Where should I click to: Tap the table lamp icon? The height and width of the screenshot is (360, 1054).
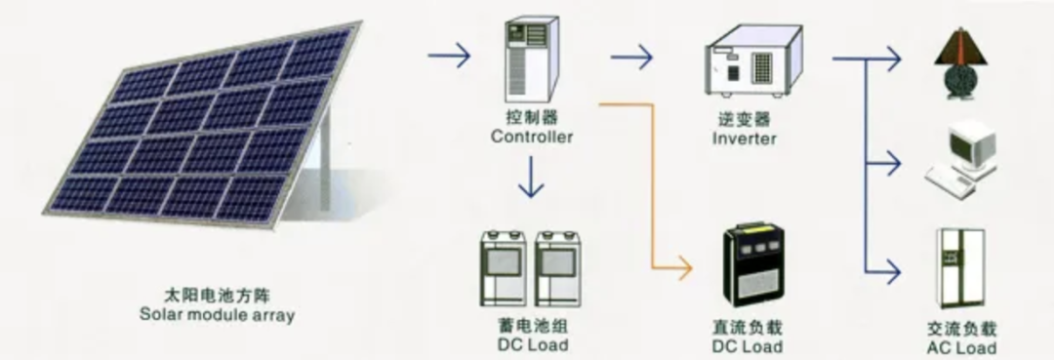point(957,60)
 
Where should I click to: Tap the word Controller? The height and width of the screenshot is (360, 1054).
point(532,138)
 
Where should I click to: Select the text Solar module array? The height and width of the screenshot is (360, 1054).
point(217,316)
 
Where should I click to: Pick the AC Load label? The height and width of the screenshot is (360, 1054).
point(961,348)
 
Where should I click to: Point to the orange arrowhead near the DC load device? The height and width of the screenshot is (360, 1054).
point(685,265)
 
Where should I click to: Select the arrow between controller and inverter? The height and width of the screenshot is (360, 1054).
point(631,59)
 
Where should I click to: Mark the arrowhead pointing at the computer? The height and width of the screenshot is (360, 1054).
point(895,163)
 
